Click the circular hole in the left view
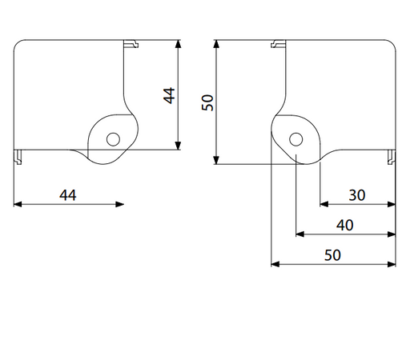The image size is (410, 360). click(x=113, y=138)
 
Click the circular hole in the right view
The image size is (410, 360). click(x=296, y=138)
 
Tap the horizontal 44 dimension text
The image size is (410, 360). click(x=67, y=194)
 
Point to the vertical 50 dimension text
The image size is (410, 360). click(x=207, y=102)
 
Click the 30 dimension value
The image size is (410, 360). click(x=357, y=194)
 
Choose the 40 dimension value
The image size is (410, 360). click(x=345, y=225)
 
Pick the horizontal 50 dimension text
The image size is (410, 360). click(x=332, y=254)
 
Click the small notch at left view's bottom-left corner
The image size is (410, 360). click(x=18, y=155)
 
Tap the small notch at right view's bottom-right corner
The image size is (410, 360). click(x=392, y=155)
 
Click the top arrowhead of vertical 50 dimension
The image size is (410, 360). click(x=216, y=43)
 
